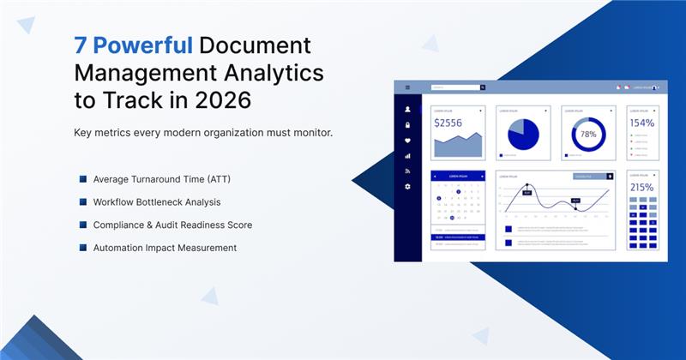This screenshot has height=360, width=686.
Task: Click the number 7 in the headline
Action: (x=80, y=45)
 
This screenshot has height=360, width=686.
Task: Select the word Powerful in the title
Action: (x=142, y=45)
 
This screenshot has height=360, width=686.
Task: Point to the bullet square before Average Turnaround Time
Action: (x=83, y=178)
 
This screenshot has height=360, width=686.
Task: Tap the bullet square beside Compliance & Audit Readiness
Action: (x=83, y=225)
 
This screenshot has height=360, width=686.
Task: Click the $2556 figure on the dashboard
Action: (x=448, y=123)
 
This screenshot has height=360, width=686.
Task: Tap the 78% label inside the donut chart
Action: (x=588, y=135)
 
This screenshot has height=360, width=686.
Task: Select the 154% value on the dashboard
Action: (x=642, y=123)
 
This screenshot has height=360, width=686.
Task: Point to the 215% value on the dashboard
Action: (x=642, y=187)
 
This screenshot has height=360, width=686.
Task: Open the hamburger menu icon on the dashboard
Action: (x=407, y=87)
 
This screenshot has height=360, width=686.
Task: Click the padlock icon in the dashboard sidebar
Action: (x=407, y=125)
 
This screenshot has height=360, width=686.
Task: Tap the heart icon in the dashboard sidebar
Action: (x=407, y=141)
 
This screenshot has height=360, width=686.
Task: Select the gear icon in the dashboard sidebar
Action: (x=407, y=186)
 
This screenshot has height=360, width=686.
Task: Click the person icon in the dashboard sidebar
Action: (x=407, y=110)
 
